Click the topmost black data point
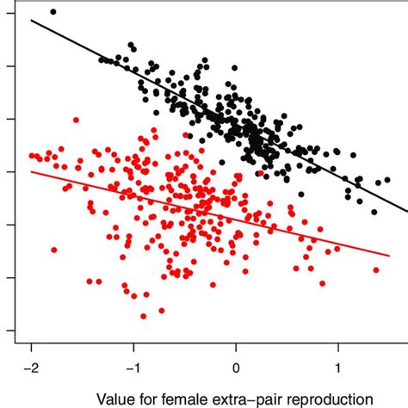53,12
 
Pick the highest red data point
77,120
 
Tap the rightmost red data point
376,269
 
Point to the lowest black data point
374,212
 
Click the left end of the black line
32,19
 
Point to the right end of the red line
390,255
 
